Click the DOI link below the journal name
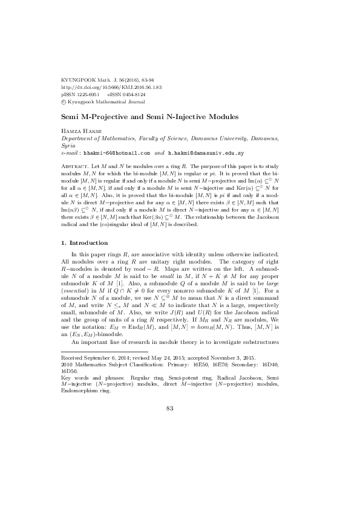coord(111,87)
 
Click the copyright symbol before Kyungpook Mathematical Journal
coord(65,102)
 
